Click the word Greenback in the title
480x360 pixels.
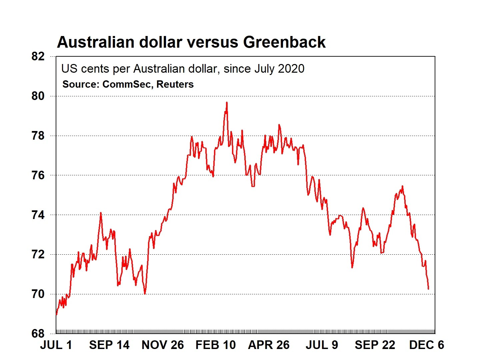pyautogui.click(x=284, y=42)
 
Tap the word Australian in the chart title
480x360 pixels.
pyautogui.click(x=96, y=42)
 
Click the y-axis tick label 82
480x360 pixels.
pyautogui.click(x=38, y=56)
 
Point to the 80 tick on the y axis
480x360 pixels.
pyautogui.click(x=38, y=96)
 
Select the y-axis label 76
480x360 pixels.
pyautogui.click(x=38, y=175)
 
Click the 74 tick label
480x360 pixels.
pyautogui.click(x=38, y=215)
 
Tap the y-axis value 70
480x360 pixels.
pyautogui.click(x=38, y=294)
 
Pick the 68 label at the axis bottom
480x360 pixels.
pyautogui.click(x=38, y=334)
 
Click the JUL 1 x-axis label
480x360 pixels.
pyautogui.click(x=56, y=345)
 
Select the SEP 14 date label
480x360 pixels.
pyautogui.click(x=109, y=345)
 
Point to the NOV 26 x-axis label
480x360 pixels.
pyautogui.click(x=163, y=345)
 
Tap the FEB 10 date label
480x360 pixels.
pyautogui.click(x=216, y=345)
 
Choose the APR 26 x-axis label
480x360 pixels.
pyautogui.click(x=269, y=345)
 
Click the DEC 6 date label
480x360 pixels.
pyautogui.click(x=427, y=345)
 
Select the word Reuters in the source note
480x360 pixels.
pyautogui.click(x=175, y=84)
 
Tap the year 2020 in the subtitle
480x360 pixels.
pyautogui.click(x=291, y=69)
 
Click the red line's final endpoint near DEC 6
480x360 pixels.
pyautogui.click(x=428, y=289)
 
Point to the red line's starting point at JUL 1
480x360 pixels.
pyautogui.click(x=56, y=315)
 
